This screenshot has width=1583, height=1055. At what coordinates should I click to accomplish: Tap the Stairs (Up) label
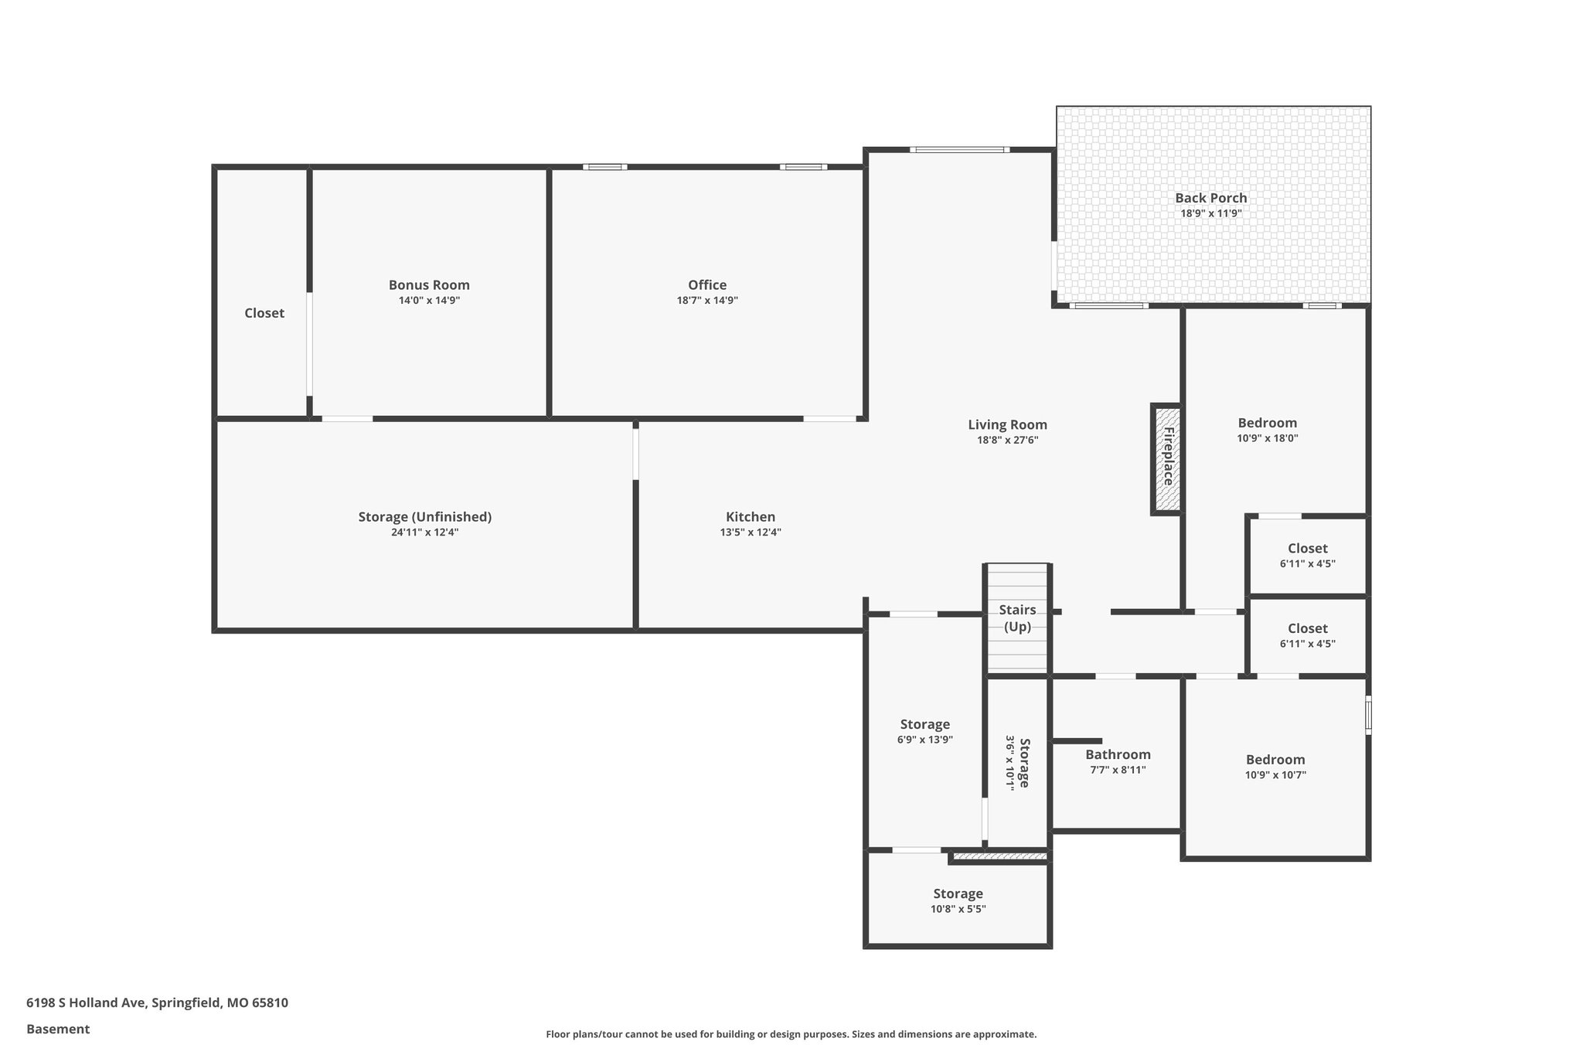point(1017,618)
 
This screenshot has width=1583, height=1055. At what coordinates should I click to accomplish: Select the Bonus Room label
point(429,285)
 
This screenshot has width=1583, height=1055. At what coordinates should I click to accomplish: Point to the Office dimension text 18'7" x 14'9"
point(707,301)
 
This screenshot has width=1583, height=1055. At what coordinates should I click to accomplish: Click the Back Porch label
point(1210,198)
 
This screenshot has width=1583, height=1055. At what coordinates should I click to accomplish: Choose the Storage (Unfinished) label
point(424,517)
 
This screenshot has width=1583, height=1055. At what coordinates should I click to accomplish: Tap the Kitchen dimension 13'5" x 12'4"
point(750,533)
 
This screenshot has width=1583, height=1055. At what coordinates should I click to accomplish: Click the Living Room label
point(1007,425)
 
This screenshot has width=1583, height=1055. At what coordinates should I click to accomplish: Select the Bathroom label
point(1118,755)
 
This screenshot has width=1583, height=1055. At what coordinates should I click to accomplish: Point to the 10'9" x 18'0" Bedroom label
point(1267,424)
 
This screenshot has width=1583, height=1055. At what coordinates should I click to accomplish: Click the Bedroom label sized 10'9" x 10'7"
point(1275,760)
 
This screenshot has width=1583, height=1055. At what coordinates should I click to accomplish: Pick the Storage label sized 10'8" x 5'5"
point(958,894)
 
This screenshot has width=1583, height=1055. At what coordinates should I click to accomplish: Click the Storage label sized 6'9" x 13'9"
point(924,725)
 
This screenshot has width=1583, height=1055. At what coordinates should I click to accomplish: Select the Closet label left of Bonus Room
point(264,313)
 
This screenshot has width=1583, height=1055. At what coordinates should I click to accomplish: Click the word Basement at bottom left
point(58,1029)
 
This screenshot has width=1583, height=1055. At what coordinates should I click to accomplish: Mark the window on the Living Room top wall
point(959,150)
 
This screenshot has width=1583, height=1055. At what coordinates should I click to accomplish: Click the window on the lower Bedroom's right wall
point(1367,715)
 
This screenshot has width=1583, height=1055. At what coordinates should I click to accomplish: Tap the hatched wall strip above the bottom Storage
point(999,856)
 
